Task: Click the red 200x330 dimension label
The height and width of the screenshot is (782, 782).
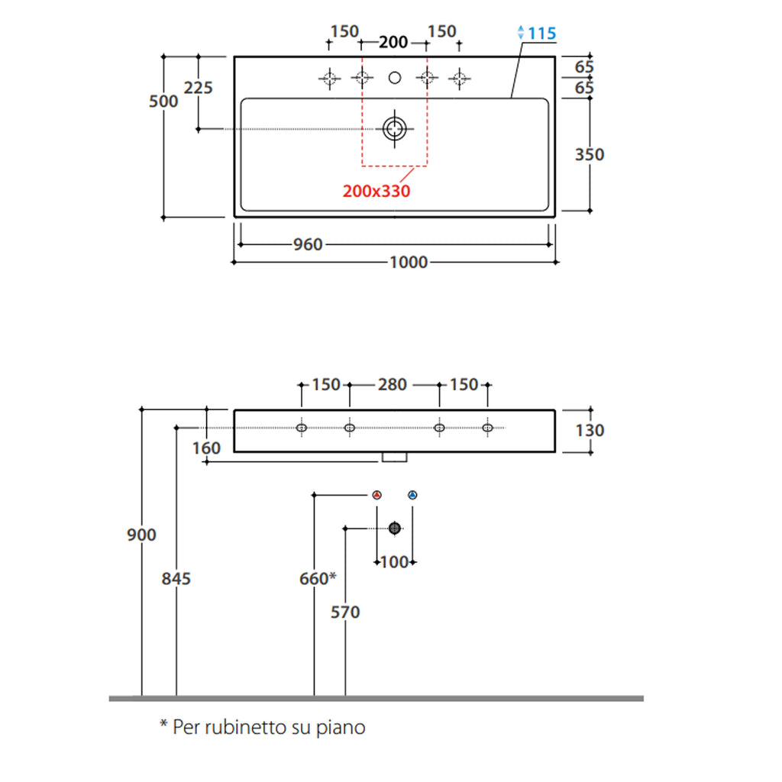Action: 376,191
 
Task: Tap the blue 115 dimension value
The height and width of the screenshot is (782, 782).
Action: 541,34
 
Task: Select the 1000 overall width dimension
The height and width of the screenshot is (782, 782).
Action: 409,263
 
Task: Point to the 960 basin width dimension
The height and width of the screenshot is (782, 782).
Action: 308,245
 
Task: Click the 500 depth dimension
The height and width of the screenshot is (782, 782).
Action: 163,102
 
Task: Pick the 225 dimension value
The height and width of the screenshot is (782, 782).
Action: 199,88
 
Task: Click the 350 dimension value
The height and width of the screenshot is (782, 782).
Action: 589,155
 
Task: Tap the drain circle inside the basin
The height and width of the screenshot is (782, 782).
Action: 394,128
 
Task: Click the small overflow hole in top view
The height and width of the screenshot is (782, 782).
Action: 395,77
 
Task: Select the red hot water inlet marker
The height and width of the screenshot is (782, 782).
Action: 376,496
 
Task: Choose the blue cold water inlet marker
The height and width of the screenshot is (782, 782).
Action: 413,496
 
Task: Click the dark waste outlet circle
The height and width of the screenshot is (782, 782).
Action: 395,528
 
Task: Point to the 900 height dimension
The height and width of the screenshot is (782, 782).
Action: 141,535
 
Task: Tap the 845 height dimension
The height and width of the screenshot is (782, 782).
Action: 176,579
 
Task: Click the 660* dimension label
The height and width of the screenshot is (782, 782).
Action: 318,579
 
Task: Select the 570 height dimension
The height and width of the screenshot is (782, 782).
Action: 345,612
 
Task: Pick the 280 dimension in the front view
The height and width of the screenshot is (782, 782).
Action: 393,385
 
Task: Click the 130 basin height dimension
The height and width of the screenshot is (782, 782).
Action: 590,431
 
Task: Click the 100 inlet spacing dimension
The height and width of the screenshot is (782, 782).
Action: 394,563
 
